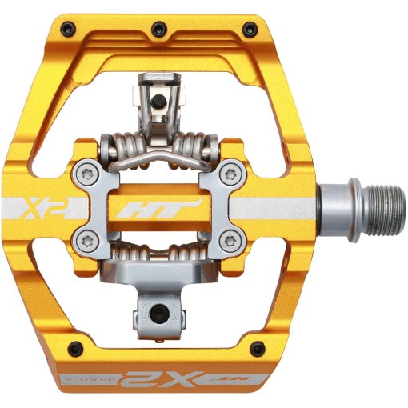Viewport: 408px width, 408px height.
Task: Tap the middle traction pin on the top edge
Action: tap(157, 26)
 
